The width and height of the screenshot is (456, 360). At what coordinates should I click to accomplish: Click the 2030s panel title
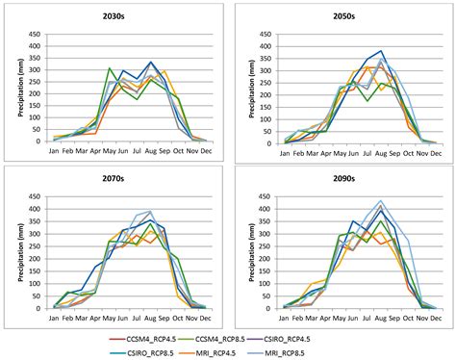point(120,16)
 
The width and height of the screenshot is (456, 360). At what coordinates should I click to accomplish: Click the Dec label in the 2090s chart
point(435,317)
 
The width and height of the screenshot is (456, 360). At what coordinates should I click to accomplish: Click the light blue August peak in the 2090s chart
point(381,201)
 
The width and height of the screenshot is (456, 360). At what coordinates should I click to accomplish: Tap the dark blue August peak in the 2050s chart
point(381,51)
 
